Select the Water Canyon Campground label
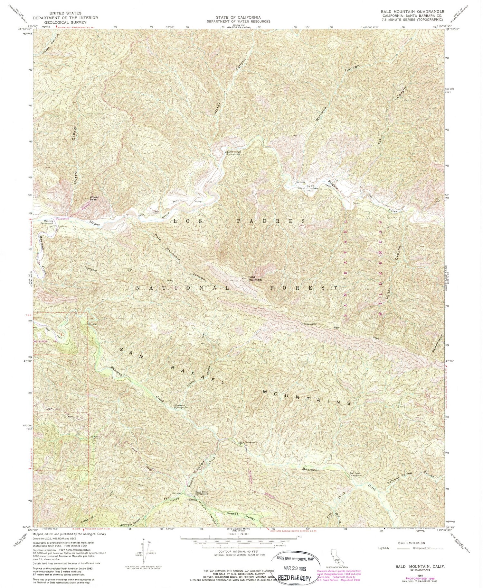click(234, 153)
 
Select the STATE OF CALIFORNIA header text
click(239, 17)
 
